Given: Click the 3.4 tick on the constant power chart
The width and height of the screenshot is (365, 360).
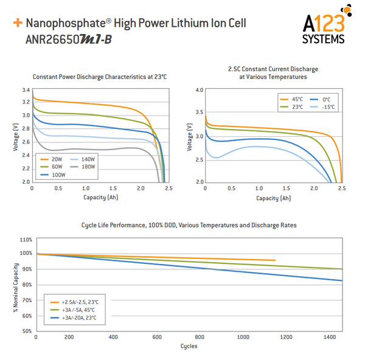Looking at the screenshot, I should point(26,90).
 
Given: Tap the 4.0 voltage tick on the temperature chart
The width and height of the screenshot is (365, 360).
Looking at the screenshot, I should point(199,90).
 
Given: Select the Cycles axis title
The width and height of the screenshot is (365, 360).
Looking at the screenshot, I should point(189,347).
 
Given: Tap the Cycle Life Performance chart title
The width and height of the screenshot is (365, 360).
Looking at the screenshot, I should point(189,225).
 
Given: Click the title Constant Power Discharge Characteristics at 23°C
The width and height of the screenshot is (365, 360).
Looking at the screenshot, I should point(100,77).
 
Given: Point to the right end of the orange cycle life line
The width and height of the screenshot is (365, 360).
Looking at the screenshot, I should point(275,260).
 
